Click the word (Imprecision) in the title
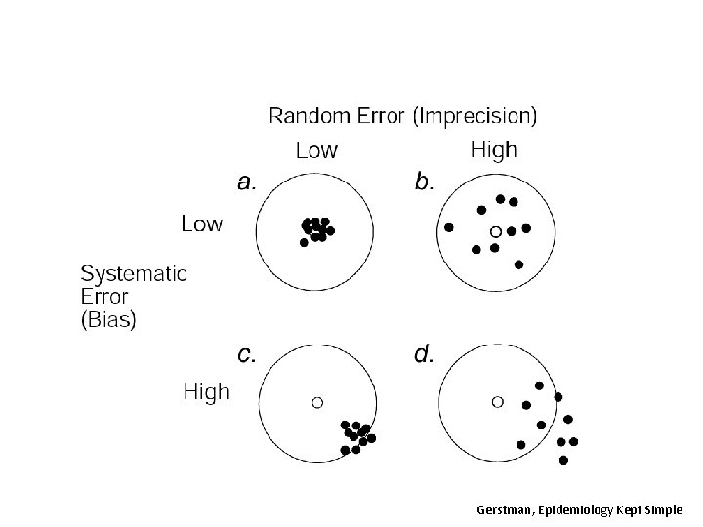click(x=475, y=116)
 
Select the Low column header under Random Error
click(x=316, y=150)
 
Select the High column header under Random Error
click(x=494, y=150)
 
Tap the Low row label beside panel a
click(x=201, y=223)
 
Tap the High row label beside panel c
click(x=207, y=392)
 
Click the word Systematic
click(x=134, y=273)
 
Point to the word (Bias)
click(x=108, y=318)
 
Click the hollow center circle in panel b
click(x=495, y=231)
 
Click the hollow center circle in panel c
click(x=316, y=400)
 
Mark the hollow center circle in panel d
click(x=497, y=400)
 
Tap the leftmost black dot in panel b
click(x=449, y=227)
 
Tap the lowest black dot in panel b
click(x=518, y=263)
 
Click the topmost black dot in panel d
click(x=539, y=385)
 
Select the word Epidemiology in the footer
click(x=569, y=510)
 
